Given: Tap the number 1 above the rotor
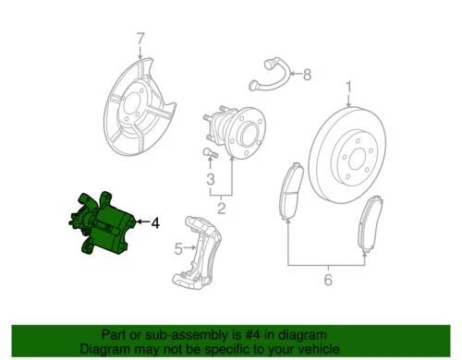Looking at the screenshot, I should tap(349, 89).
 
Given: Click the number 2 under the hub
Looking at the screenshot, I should tap(221, 209).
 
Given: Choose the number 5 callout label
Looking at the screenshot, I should tap(178, 247).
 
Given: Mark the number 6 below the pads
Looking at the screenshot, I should tap(326, 274).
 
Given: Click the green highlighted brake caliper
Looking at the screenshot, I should tap(103, 226).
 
